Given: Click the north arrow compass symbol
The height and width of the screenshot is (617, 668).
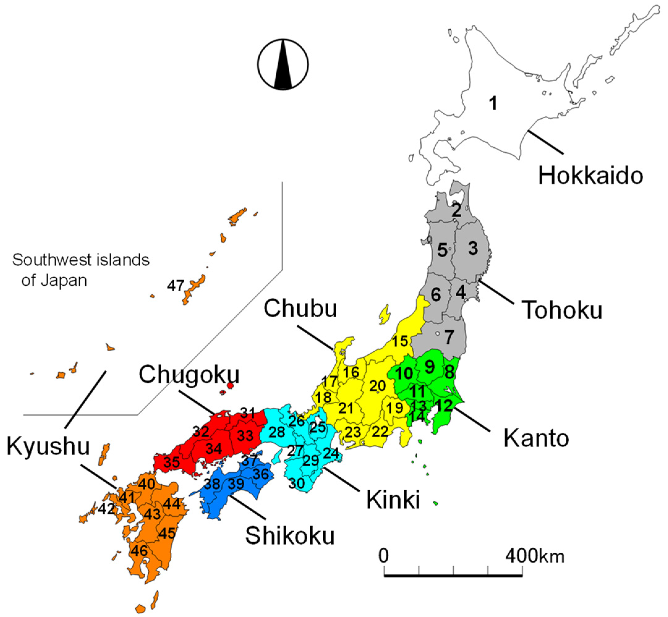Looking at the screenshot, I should coord(283,64).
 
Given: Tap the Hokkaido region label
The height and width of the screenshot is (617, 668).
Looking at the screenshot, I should coord(590,175).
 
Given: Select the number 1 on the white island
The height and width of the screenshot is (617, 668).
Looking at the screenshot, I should coord(493,103).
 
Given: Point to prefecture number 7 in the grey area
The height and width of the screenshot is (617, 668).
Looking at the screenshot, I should coord(449,337).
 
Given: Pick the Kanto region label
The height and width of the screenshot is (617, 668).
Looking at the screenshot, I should coord(536,438).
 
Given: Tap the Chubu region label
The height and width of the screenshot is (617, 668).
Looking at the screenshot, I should coord(300,308).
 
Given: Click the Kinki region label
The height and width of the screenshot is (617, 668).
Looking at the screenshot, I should coord(393,500).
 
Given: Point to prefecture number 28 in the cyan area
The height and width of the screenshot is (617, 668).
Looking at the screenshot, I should coord(277,432).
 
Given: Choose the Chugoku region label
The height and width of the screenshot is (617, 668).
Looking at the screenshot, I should coord(189,374).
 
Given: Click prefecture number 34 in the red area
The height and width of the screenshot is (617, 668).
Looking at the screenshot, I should coord(214,448).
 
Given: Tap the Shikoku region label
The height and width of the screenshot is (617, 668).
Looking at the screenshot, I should coord(290,536).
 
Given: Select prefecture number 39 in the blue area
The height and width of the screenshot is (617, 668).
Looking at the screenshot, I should coord(236,484).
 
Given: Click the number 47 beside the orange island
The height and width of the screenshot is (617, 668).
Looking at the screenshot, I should coord(176,285).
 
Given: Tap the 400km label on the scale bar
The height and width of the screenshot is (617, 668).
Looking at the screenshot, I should coord(535,556).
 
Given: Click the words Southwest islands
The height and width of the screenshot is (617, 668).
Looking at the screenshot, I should coord(80,260).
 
